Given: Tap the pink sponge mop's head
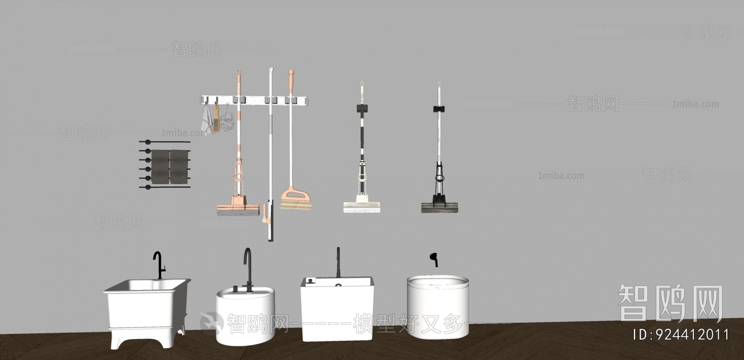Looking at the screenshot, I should pos(238,210).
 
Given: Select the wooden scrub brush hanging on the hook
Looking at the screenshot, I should pos(216,122).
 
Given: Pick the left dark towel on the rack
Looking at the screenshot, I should pos(160,166).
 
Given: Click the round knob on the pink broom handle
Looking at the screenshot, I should pos(291,73).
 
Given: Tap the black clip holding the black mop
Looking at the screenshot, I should pos(439,109).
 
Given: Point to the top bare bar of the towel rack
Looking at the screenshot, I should pos(165,141).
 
